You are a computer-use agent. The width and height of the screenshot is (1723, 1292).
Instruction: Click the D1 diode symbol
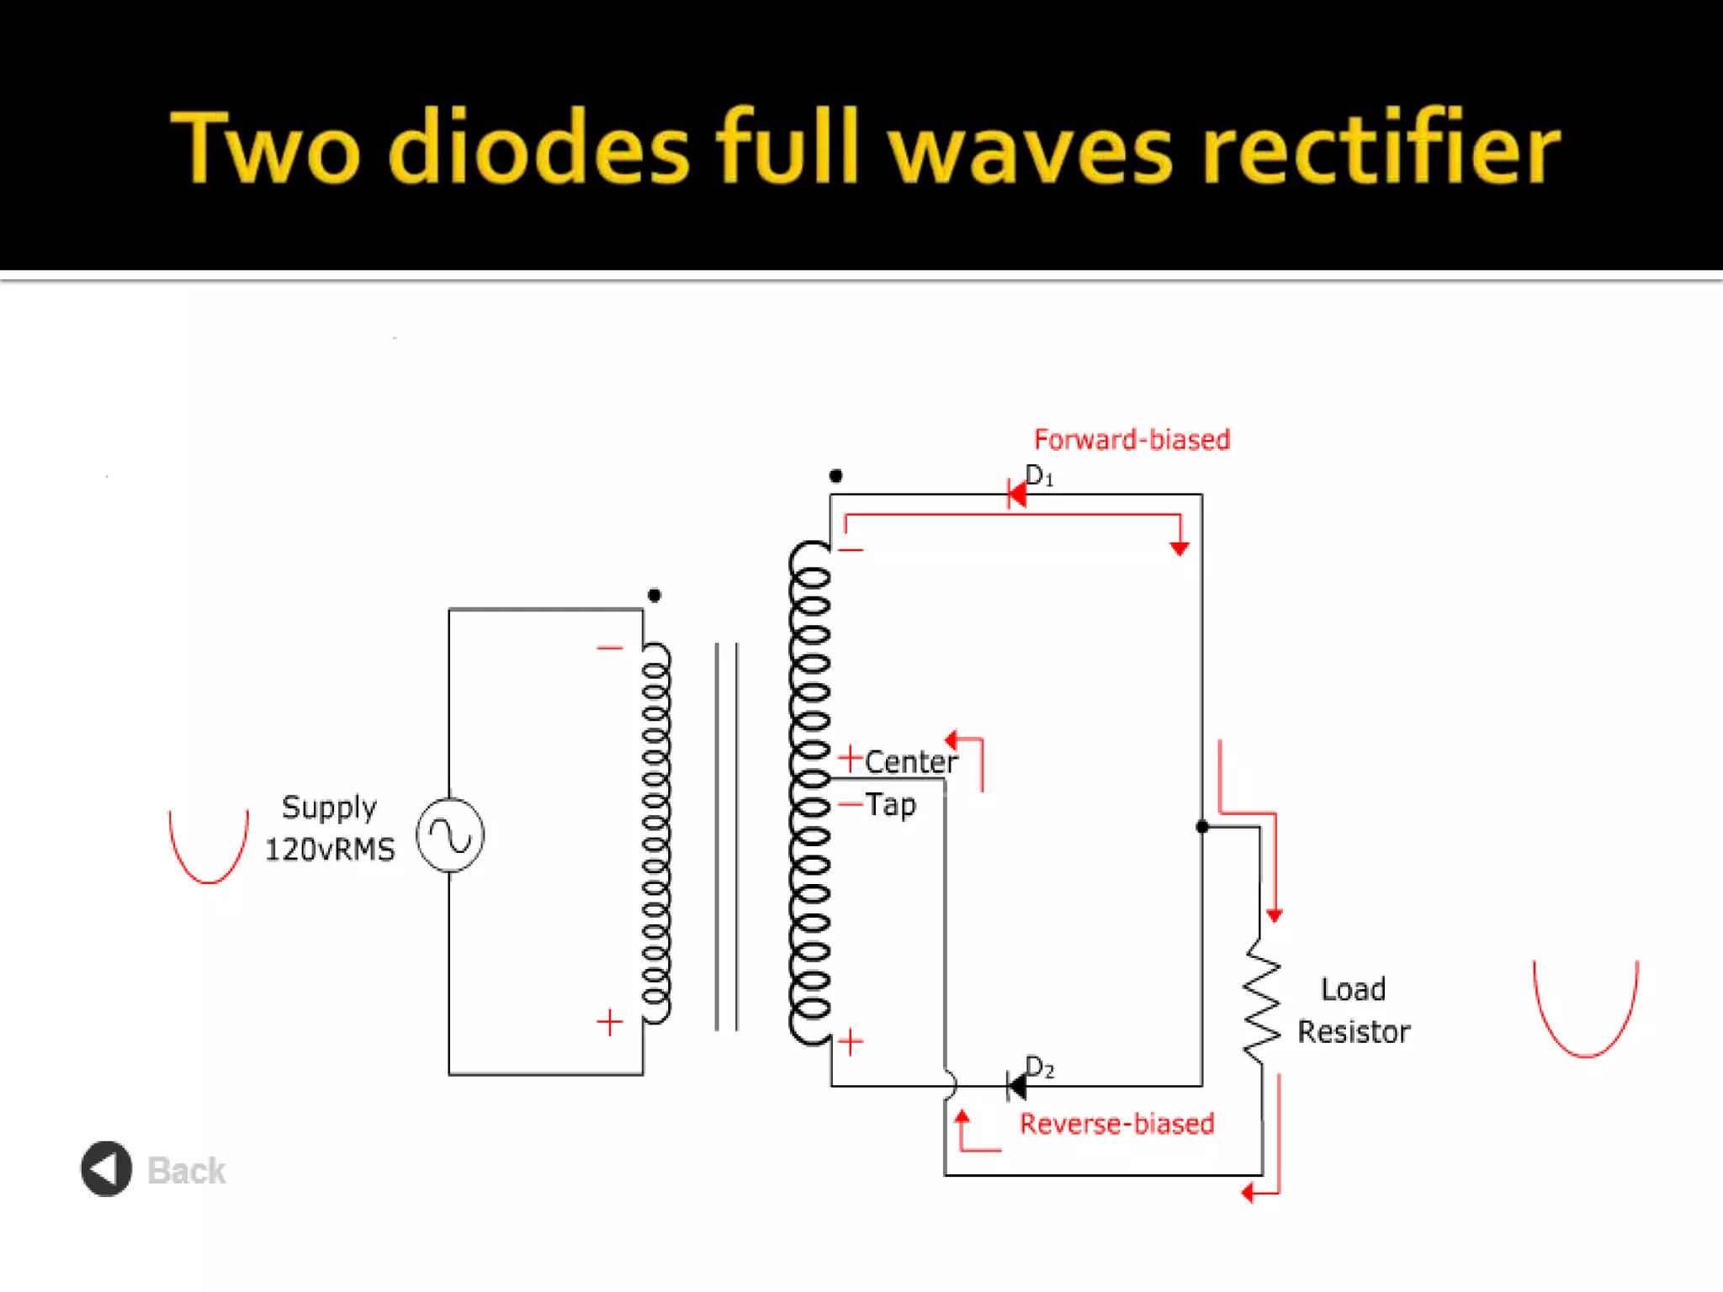(x=1016, y=494)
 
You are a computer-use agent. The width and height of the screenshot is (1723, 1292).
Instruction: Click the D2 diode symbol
(x=1016, y=1086)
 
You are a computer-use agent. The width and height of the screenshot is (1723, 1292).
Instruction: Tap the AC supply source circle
(x=450, y=835)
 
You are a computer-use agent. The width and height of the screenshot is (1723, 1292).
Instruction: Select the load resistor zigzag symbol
(x=1262, y=1000)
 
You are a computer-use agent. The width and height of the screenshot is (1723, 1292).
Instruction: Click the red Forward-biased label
(x=1132, y=439)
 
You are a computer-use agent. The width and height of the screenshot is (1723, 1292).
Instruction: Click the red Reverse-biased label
(x=1116, y=1124)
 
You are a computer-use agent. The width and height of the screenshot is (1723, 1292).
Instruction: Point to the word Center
(x=910, y=762)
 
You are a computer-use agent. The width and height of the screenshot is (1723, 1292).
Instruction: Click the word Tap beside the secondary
(x=890, y=805)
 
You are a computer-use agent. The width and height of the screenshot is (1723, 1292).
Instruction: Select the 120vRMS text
(x=330, y=850)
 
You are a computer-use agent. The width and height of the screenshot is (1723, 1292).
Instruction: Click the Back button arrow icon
(x=106, y=1168)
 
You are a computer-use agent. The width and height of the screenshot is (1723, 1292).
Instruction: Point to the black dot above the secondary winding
(x=835, y=476)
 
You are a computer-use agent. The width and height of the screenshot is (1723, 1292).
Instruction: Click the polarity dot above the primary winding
(x=655, y=596)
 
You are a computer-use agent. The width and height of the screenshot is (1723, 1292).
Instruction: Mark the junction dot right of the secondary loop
(x=1202, y=827)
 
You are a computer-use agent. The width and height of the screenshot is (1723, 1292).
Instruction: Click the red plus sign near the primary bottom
(x=610, y=1022)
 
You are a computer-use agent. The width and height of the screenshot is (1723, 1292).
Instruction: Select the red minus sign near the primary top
(x=610, y=648)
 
